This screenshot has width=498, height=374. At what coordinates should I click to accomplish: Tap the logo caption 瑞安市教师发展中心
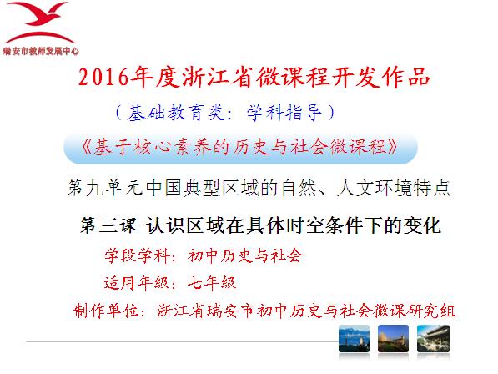tap(40, 51)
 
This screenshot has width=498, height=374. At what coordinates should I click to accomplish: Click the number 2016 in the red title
tap(103, 77)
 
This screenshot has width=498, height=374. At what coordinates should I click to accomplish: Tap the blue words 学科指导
tap(284, 113)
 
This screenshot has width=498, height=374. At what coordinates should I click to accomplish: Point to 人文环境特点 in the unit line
tap(394, 188)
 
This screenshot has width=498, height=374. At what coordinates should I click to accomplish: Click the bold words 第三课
tap(108, 225)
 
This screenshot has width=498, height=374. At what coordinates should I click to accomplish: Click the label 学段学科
tap(137, 255)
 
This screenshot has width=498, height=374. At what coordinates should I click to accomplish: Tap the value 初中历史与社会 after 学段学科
tap(245, 255)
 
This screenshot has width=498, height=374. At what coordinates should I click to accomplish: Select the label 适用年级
tap(137, 283)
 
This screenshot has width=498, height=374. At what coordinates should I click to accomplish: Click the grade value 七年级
tap(212, 283)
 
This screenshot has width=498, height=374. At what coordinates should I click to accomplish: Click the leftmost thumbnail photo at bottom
tap(355, 339)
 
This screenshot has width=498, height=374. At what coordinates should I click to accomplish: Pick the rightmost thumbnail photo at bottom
tap(433, 339)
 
